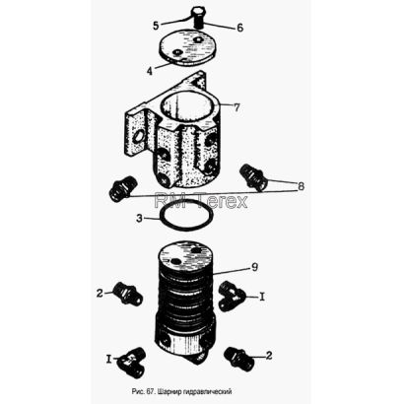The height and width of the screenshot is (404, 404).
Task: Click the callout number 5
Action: click(156, 25)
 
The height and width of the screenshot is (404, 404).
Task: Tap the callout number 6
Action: click(240, 28)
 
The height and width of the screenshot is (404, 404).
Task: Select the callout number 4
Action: click(150, 71)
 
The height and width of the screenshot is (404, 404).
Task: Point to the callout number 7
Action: click(236, 106)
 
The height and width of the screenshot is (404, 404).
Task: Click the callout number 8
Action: click(301, 186)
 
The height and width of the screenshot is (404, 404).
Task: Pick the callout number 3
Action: click(140, 218)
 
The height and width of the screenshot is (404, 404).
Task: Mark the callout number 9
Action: click(254, 267)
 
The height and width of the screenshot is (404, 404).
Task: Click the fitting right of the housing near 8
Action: click(252, 177)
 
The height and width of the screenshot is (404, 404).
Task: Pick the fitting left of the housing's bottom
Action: click(123, 190)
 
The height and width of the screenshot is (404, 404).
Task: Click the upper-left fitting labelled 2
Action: click(127, 293)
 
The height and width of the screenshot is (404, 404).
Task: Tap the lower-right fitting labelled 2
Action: click(238, 360)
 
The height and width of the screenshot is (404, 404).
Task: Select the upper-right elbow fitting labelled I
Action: click(232, 296)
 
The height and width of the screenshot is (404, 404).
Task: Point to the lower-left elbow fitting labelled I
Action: click(131, 362)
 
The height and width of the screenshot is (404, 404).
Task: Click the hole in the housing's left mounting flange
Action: click(138, 138)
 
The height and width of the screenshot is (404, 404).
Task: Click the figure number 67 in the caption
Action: click(150, 391)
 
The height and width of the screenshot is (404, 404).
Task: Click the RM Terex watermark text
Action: click(201, 201)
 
